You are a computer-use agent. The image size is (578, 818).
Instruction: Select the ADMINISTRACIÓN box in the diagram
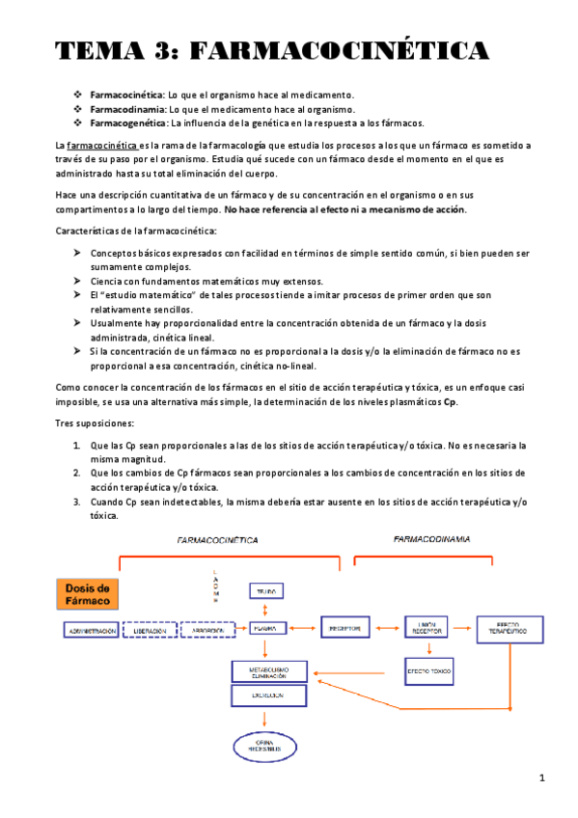(x=92, y=630)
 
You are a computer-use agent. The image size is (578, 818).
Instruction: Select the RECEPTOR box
(x=344, y=628)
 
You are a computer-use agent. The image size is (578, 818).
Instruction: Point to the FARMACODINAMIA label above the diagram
(x=431, y=539)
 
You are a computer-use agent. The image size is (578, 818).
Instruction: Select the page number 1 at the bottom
(x=542, y=777)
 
